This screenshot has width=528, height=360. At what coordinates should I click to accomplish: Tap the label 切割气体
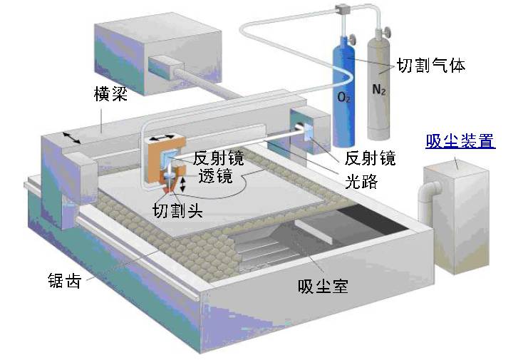click(430, 66)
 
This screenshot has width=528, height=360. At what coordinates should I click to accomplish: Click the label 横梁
click(110, 94)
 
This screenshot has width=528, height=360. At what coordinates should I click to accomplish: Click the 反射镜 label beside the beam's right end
click(369, 158)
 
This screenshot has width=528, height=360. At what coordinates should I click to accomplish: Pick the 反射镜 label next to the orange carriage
click(218, 158)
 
